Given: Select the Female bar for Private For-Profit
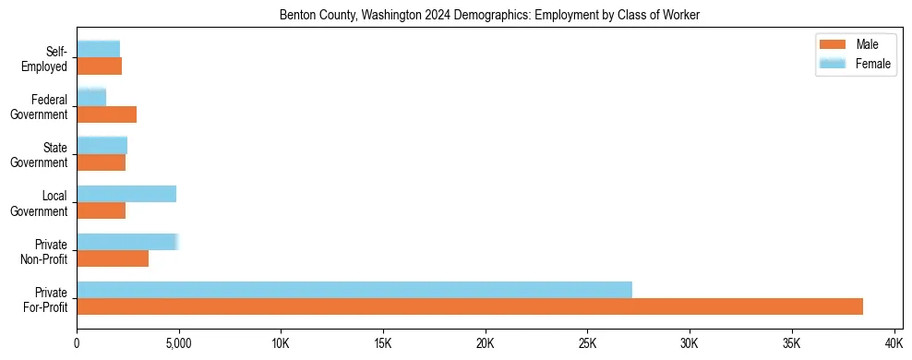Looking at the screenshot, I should tap(354, 290).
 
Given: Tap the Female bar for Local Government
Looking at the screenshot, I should tap(126, 194).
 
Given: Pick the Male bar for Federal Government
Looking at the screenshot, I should tap(107, 114).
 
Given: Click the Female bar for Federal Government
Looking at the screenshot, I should tap(91, 97).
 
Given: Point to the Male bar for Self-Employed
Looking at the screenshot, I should tap(100, 66).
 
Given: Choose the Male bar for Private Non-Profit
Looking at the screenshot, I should tap(113, 258).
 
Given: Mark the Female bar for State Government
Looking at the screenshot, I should tap(102, 145).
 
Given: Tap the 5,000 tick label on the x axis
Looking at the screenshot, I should tap(178, 343).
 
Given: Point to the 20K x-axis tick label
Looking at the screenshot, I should tap(485, 343).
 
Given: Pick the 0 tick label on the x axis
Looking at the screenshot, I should tap(77, 343).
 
